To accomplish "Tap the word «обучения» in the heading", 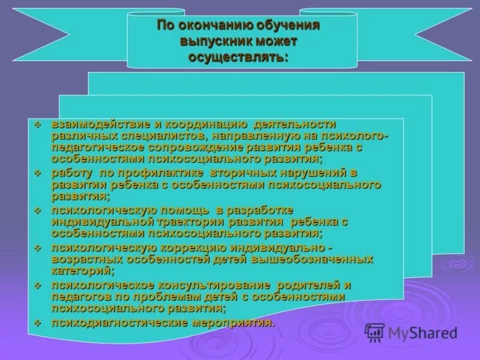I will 289,27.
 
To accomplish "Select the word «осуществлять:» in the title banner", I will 238,58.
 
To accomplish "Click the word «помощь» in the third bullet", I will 185,210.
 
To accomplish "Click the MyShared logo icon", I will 374,331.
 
